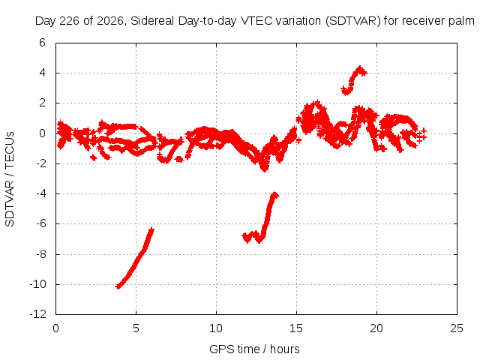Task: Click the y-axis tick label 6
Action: coord(42,43)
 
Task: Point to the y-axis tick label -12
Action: coord(38,314)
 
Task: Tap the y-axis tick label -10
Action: coord(38,284)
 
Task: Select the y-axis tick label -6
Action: coord(40,223)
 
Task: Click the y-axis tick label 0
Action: coord(42,133)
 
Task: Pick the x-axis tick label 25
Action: coord(457,328)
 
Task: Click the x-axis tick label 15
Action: coord(296,328)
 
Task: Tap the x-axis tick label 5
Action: coord(136,328)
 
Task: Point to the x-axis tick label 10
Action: coord(216,328)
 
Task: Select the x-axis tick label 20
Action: coord(376,328)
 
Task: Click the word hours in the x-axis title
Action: coord(285,349)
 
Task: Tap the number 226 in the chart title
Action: coord(69,21)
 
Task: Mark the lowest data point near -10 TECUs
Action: coord(118,286)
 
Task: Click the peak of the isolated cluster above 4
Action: coord(360,67)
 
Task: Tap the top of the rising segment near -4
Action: coord(275,194)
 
